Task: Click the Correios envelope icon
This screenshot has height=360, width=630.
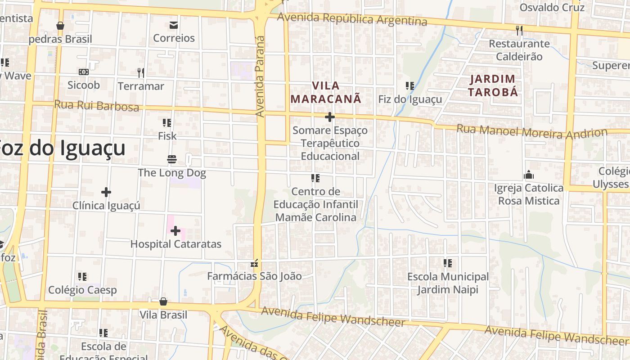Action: coord(173,25)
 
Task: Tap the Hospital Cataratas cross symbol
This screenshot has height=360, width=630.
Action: coord(175,231)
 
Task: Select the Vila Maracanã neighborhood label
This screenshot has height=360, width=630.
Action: coord(326,92)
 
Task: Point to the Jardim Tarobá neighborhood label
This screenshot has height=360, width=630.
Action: coord(493,85)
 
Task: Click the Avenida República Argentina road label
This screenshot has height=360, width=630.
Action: coord(352,19)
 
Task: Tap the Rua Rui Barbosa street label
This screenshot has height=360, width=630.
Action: coord(96,105)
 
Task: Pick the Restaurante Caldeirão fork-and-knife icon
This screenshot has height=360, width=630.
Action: coord(519,30)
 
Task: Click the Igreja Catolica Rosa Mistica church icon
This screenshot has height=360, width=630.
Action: coord(529,175)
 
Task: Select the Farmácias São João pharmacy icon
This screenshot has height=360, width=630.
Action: coord(255,263)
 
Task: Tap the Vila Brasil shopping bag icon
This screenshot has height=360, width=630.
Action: coord(163,301)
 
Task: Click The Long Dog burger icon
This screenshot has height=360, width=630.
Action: coord(171,159)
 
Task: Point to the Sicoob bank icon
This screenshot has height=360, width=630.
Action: coord(83,72)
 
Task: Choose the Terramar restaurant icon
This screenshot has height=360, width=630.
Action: coord(141,72)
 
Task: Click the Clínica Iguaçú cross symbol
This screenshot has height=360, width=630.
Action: coord(106,192)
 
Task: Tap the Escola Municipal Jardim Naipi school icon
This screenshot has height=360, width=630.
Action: coord(447,263)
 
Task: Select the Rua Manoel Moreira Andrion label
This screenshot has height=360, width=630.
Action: coord(531,131)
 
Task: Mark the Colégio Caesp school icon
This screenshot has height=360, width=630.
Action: coord(82,277)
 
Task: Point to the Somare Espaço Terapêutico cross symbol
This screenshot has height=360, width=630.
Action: coord(330,117)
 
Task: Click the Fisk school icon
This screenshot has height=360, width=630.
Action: coord(167,122)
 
